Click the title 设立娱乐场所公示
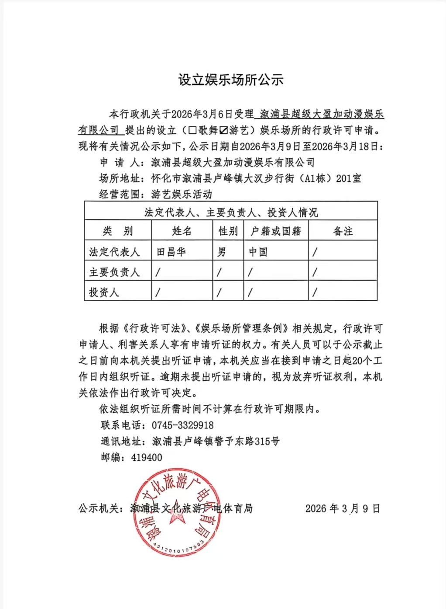[231, 80]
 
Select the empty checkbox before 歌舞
[192, 130]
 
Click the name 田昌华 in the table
[171, 252]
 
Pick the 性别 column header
[228, 231]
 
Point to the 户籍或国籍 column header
[276, 231]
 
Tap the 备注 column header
[343, 231]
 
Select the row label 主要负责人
[114, 272]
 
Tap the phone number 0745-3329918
[183, 425]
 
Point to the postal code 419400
[147, 457]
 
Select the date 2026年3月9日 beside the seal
[343, 508]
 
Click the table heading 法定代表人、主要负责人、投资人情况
[231, 212]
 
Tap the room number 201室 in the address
[349, 178]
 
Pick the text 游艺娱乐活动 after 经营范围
[182, 194]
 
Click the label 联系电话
[120, 425]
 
